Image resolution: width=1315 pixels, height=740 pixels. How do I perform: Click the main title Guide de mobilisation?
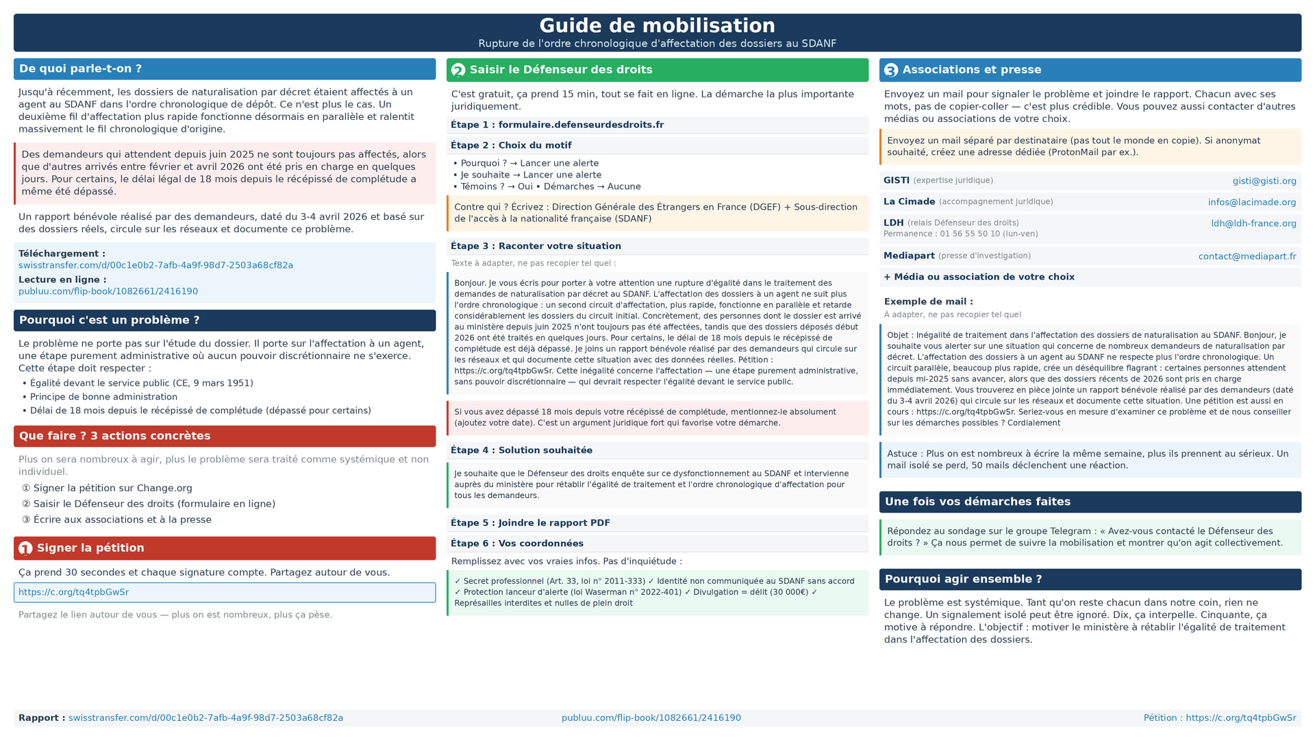[657, 26]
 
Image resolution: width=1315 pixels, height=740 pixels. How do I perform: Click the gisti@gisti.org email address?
[1264, 181]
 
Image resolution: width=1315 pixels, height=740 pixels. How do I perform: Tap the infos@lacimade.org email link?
[1251, 202]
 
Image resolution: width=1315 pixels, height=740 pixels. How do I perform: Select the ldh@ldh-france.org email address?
[1253, 223]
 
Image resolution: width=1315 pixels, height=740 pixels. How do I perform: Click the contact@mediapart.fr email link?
[1247, 256]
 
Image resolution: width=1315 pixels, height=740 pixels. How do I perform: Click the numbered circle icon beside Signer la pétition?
[25, 548]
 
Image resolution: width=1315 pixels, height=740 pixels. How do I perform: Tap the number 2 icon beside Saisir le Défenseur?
[458, 70]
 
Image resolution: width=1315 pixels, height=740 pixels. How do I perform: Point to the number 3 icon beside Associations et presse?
[890, 70]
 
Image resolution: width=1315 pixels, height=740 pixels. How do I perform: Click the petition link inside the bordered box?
[73, 592]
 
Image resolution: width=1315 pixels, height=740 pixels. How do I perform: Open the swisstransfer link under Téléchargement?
[155, 265]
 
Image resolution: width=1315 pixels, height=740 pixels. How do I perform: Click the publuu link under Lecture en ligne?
[108, 291]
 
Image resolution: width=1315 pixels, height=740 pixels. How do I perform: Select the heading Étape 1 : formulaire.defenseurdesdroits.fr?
[557, 125]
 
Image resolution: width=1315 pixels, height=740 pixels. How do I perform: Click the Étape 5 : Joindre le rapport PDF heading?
[530, 523]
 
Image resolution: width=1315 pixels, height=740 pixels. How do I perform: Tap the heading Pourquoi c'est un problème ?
[109, 320]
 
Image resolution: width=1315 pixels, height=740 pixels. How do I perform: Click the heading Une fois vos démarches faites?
[977, 502]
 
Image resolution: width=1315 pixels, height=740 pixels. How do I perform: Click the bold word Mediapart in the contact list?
[908, 256]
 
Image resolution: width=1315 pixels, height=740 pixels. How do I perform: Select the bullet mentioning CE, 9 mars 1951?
[141, 383]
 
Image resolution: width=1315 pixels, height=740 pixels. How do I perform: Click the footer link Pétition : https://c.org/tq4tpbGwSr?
[1219, 718]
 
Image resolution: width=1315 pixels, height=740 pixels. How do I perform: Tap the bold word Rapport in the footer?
[39, 718]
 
